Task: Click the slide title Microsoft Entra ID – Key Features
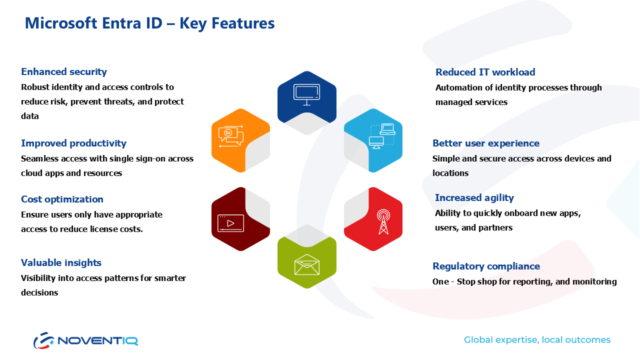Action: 149,23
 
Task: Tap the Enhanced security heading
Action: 64,71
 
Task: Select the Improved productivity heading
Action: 73,143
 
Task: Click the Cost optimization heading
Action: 62,199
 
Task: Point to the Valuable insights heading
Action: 61,262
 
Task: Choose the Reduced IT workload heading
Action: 485,72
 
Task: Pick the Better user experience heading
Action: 486,143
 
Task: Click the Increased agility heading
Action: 474,197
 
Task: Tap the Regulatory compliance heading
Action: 486,266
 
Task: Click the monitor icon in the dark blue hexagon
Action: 307,94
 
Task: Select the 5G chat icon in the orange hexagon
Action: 231,136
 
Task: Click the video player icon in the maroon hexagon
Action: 230,223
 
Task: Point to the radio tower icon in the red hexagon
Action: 383,221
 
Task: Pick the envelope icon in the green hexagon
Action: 307,264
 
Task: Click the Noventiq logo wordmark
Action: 97,340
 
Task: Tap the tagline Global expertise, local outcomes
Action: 537,340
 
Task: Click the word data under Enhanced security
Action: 30,116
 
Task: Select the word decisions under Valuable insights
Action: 39,292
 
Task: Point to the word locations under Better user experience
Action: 450,173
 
